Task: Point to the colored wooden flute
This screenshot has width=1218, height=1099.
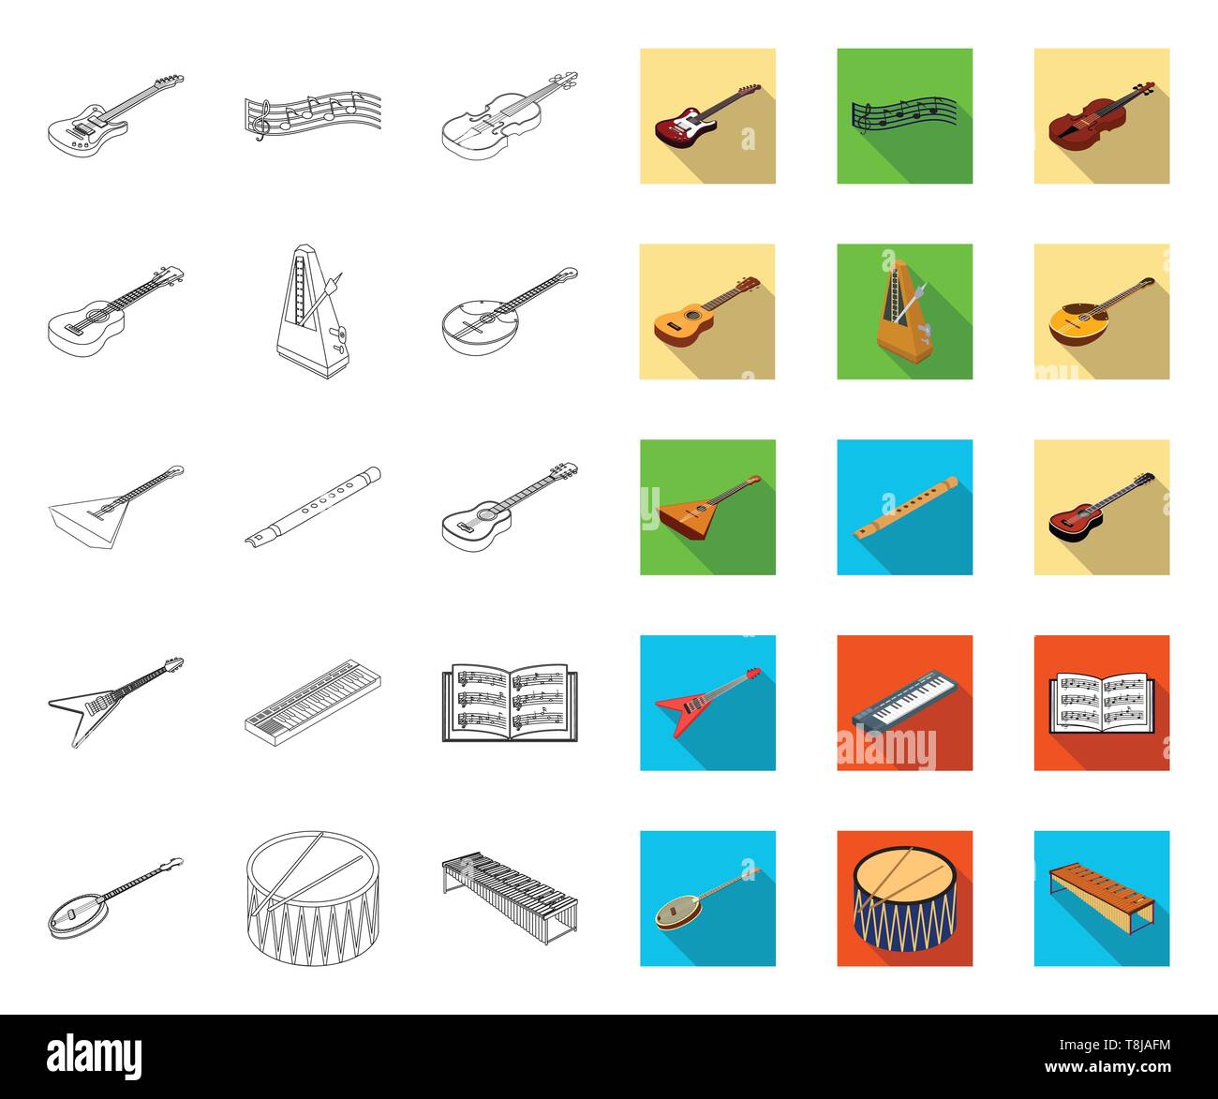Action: tap(905, 508)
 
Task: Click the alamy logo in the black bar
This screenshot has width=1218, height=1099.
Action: tap(95, 1056)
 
